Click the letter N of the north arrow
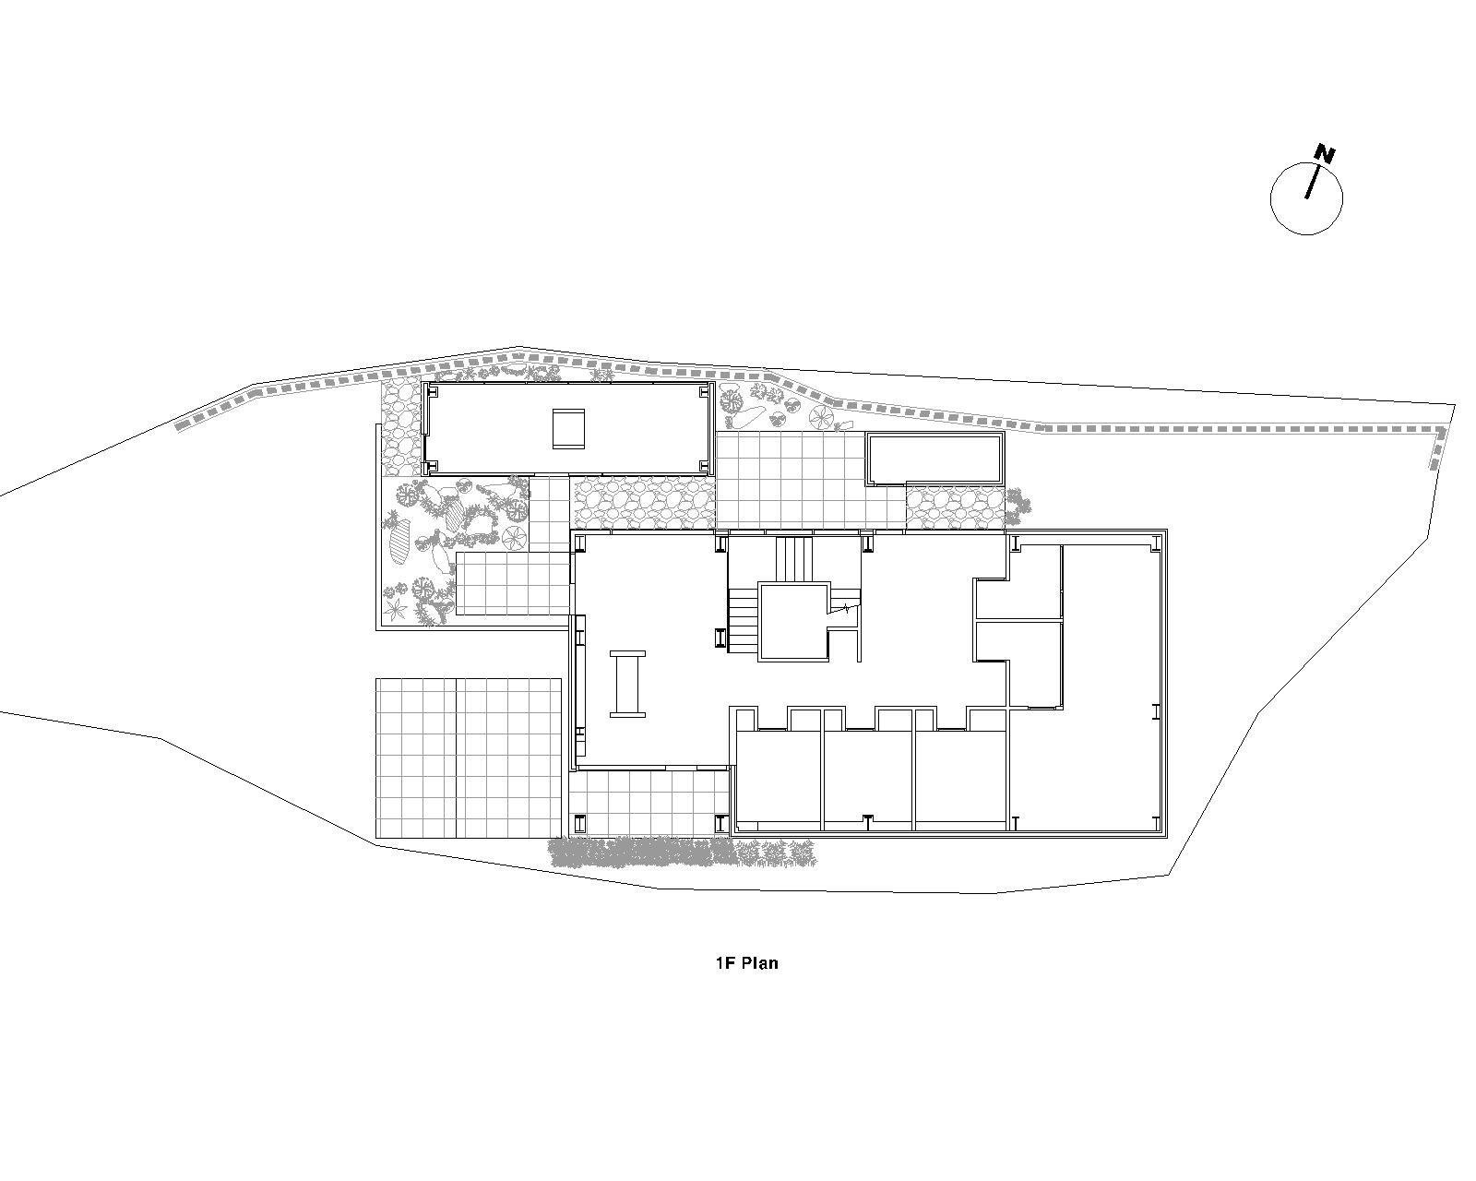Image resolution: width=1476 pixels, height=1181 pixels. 1325,154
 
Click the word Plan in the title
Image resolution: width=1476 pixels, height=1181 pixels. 759,963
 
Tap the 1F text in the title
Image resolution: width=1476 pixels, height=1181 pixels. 726,963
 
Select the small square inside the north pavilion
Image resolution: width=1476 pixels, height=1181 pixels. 568,428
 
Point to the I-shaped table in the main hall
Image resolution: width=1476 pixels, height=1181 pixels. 627,684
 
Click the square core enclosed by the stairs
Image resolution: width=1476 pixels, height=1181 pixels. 792,622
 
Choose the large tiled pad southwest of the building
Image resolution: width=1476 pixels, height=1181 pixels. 470,758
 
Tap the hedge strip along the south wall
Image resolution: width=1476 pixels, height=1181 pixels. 684,853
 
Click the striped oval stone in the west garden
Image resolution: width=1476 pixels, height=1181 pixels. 399,543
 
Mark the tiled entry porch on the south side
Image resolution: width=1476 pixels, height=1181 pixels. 649,803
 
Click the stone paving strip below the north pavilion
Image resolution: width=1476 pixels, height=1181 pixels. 643,505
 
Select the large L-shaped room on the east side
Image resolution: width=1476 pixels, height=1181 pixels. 1111,686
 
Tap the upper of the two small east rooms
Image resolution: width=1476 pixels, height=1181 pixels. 1018,599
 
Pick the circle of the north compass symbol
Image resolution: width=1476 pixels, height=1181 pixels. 1306,199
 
